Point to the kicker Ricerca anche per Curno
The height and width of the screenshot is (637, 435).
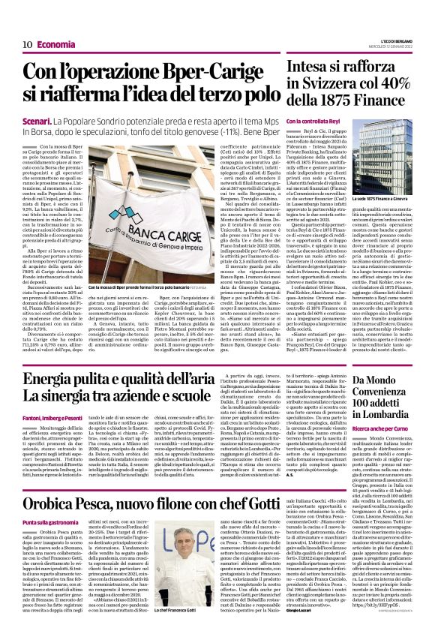pyautogui.click(x=379, y=428)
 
